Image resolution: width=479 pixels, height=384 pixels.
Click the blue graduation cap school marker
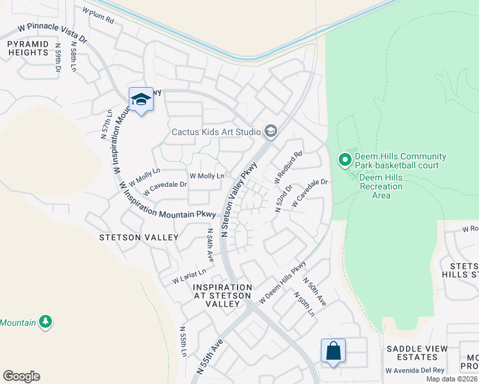pyautogui.click(x=141, y=100)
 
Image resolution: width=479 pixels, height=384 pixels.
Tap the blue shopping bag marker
pyautogui.click(x=333, y=351)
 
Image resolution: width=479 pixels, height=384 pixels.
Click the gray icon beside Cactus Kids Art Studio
pyautogui.click(x=270, y=132)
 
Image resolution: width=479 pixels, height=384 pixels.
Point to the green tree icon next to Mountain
pyautogui.click(x=45, y=321)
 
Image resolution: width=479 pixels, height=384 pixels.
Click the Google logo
pyautogui.click(x=21, y=376)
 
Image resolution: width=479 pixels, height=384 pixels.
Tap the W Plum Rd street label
pyautogui.click(x=98, y=15)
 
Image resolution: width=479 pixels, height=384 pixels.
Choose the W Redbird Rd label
pyautogui.click(x=288, y=168)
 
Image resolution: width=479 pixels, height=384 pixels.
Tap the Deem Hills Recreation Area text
pyautogui.click(x=381, y=186)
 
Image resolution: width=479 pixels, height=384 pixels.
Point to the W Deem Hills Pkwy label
pyautogui.click(x=282, y=282)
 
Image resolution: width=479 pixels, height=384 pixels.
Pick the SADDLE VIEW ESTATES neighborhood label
pyautogui.click(x=416, y=353)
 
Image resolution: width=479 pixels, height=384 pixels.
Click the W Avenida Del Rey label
pyautogui.click(x=415, y=371)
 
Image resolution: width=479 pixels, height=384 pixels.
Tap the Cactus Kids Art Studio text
pyautogui.click(x=216, y=132)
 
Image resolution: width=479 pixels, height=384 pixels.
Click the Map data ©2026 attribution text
pyautogui.click(x=451, y=379)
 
